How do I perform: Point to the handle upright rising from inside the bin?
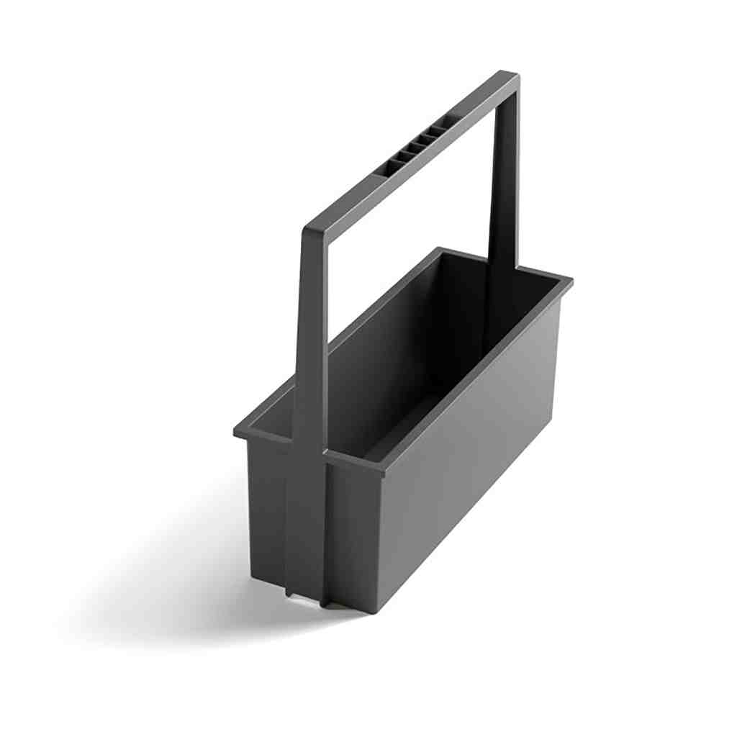pyautogui.click(x=504, y=180)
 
